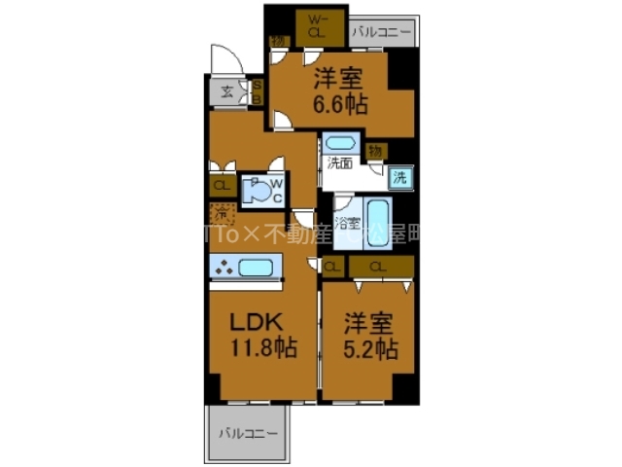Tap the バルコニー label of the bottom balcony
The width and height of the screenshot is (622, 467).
point(247,433)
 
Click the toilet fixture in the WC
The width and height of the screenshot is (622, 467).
point(257,191)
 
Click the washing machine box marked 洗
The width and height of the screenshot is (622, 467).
point(399,177)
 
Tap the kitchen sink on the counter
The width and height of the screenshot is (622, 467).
point(255,268)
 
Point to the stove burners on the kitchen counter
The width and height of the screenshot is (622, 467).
point(224,269)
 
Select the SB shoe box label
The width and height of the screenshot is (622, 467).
point(258,92)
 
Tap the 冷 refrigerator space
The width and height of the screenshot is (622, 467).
point(221,213)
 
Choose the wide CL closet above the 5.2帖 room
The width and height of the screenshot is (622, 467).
point(379,266)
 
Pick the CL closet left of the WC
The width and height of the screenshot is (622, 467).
point(221,185)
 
